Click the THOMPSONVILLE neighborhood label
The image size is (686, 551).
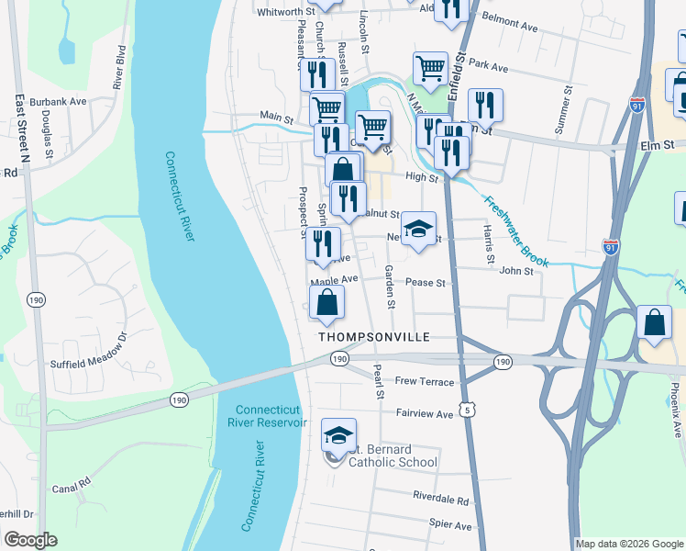(374, 338)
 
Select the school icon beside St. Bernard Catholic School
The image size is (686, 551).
(338, 435)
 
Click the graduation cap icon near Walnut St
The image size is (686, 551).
(417, 230)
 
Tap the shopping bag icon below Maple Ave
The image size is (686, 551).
(327, 303)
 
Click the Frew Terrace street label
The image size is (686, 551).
(424, 381)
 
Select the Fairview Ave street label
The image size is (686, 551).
(425, 414)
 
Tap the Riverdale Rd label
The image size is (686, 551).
(441, 502)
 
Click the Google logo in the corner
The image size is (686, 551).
(30, 540)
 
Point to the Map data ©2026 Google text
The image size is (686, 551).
(628, 544)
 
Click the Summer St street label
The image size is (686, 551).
(562, 111)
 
